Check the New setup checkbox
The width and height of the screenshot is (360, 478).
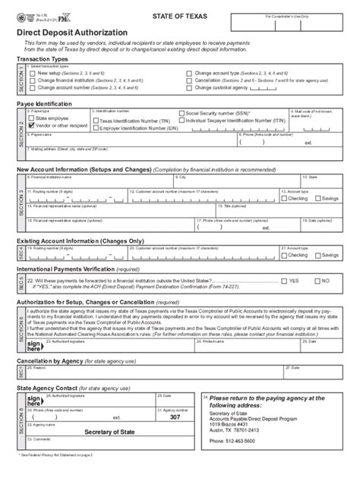click(x=33, y=73)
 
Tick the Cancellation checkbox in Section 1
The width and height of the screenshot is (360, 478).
click(x=189, y=80)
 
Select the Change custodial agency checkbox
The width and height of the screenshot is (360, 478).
click(x=189, y=87)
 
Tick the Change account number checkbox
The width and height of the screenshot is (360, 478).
click(x=33, y=87)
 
